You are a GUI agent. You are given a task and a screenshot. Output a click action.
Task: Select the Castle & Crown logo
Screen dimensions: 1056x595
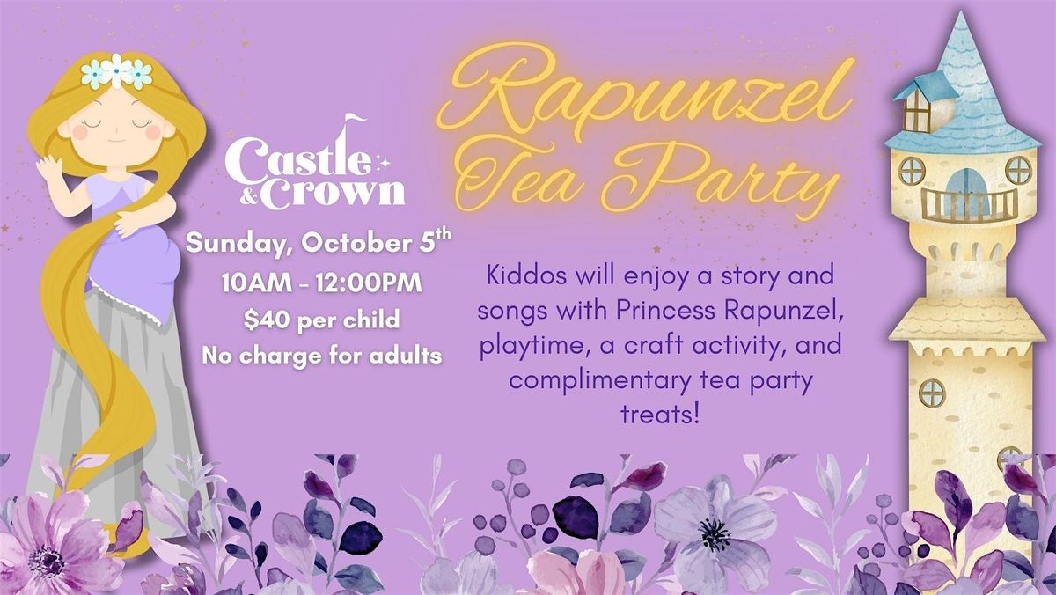coord(316,163)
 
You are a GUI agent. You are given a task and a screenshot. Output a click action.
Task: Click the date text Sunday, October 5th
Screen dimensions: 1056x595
coord(318,242)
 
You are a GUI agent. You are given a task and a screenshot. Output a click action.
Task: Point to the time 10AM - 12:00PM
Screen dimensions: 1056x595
coord(322,283)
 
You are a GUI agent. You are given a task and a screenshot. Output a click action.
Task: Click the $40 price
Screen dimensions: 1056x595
coord(266,320)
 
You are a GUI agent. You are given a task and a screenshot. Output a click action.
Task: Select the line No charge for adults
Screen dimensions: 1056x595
coord(322,355)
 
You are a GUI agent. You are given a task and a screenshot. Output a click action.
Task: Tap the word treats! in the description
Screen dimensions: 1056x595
coord(659,414)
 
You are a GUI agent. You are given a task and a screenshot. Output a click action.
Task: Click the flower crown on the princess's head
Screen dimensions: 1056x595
coord(116,71)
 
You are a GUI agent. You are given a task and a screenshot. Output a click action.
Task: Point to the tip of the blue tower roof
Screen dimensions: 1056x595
coord(961,12)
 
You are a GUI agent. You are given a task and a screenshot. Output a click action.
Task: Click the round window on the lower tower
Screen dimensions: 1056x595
coord(932,393)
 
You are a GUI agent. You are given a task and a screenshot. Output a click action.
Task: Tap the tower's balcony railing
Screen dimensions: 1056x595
coord(969,206)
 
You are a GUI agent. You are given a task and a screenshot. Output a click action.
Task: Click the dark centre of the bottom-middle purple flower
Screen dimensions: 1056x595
coord(715,534)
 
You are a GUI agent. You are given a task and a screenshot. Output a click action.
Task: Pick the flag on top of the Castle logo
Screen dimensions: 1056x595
coord(355,119)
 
